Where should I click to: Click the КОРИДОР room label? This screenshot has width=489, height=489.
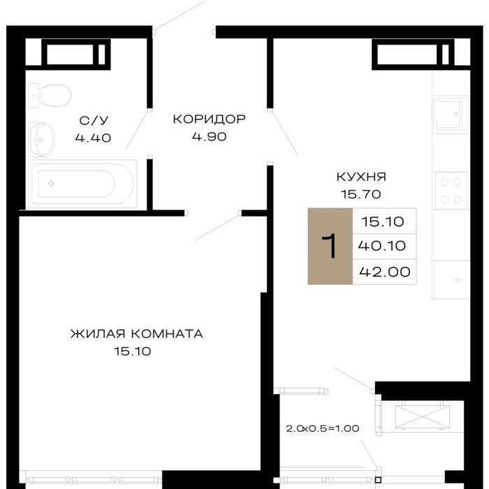210,119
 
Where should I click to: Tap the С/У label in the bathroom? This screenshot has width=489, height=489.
94,120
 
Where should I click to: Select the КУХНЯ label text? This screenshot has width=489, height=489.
361,177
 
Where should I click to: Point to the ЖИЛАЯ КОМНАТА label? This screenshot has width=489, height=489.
137,334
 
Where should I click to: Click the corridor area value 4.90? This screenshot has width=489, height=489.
210,137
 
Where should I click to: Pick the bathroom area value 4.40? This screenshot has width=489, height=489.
93,138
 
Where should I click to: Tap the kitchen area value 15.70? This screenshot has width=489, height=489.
361,194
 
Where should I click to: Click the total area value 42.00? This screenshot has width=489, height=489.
384,272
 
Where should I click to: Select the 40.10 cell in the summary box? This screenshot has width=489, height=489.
382,246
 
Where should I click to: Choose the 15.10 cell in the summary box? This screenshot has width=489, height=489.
383,221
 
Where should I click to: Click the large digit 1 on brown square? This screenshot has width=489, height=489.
329,246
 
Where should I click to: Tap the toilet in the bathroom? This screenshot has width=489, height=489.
50,95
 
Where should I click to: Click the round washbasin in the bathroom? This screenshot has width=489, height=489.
41,140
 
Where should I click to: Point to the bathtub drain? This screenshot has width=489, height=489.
51,184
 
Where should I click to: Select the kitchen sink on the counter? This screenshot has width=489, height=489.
451,114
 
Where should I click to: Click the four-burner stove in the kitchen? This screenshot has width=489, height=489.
451,191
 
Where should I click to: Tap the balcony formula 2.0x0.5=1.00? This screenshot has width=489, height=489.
323,428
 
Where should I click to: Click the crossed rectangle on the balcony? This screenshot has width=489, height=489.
422,417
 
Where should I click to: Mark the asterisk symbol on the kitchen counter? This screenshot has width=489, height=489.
458,279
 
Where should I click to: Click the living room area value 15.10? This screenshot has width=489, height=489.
132,351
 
